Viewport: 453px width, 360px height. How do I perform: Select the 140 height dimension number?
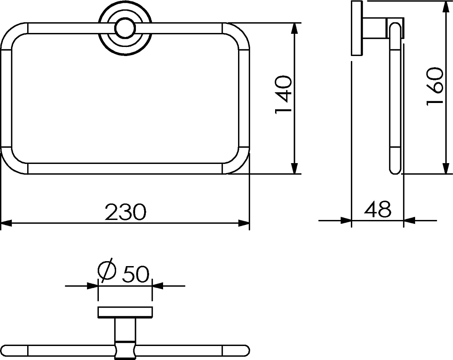click(x=284, y=95)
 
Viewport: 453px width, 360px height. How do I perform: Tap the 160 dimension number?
click(x=435, y=86)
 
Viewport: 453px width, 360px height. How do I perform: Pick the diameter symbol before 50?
click(x=107, y=271)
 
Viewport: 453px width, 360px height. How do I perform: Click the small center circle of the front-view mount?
click(x=125, y=28)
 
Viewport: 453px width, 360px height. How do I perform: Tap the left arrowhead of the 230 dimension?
click(x=6, y=223)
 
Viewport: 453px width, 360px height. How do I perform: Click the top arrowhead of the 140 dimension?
click(x=294, y=28)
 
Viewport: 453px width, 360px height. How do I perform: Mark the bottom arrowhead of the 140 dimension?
click(x=294, y=168)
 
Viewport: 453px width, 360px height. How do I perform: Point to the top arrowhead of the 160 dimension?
click(x=446, y=6)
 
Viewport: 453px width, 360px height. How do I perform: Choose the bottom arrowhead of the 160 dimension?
click(x=446, y=169)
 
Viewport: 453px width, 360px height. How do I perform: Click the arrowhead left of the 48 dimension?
click(x=346, y=220)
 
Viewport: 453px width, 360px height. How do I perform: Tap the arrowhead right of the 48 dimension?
click(x=409, y=220)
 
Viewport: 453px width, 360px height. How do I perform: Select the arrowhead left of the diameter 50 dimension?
click(x=93, y=286)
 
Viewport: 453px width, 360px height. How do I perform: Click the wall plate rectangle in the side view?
click(x=357, y=28)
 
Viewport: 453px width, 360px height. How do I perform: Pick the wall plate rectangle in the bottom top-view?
click(x=125, y=312)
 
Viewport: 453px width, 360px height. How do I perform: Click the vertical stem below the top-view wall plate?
click(x=125, y=330)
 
